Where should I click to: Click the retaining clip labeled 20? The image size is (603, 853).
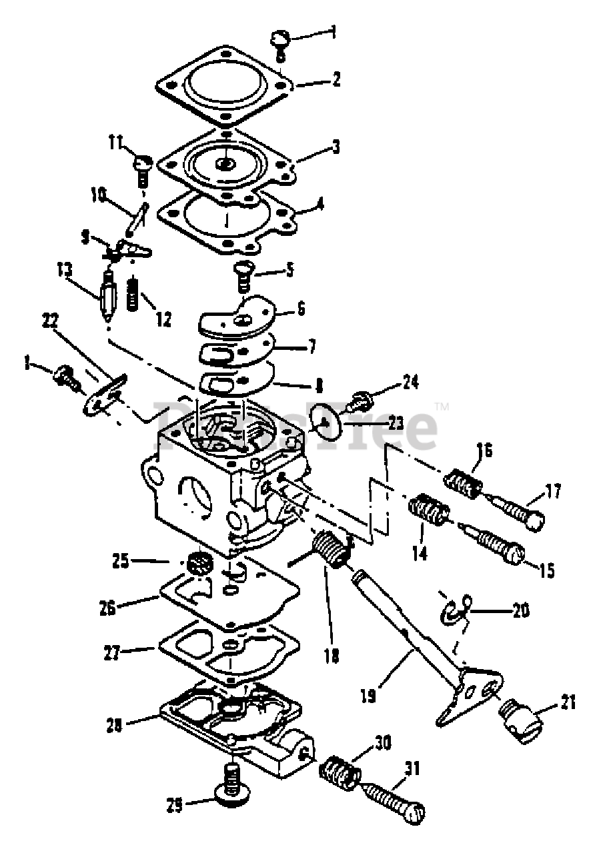(x=456, y=609)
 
